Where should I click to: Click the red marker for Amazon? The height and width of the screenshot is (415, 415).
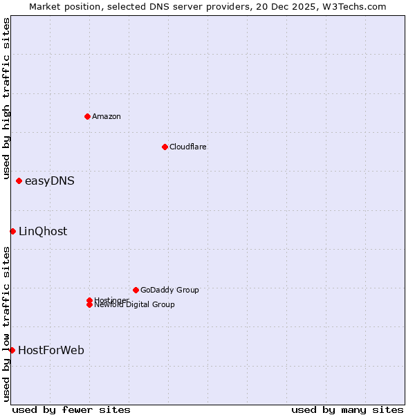87,116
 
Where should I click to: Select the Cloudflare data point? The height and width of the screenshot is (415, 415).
165,147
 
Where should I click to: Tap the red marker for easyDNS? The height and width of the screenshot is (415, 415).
19,181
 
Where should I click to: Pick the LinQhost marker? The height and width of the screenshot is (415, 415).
12,231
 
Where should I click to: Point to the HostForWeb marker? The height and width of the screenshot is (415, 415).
12,350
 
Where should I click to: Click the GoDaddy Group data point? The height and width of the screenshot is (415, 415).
136,290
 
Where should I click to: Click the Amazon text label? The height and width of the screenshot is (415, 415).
107,116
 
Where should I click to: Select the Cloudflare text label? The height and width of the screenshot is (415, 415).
188,147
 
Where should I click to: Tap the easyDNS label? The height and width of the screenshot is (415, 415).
50,181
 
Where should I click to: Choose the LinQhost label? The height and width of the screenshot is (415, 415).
43,232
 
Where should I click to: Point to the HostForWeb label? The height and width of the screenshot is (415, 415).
51,351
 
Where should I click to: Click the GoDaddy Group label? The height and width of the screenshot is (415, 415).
169,290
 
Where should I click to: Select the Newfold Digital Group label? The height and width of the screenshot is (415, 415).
135,305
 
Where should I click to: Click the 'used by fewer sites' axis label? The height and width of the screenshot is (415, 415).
71,409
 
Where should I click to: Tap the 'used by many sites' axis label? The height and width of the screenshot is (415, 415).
347,409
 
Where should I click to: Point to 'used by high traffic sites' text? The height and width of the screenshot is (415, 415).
6,99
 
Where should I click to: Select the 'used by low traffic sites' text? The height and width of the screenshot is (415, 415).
6,324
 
